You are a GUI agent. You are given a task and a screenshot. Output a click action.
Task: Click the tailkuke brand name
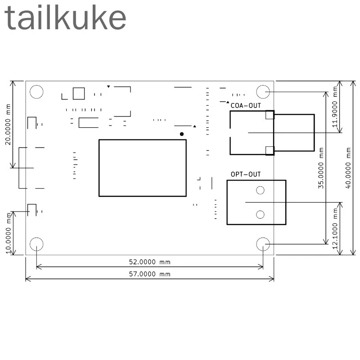coord(65,18)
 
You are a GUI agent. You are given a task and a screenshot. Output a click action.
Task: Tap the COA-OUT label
coord(246,106)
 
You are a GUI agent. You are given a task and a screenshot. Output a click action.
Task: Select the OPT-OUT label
coord(246,175)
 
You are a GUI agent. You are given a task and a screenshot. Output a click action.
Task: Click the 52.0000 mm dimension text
coord(150,262)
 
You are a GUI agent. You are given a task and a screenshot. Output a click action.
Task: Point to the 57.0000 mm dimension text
coord(150,274)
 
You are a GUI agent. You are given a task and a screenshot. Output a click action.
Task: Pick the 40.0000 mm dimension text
coord(348,168)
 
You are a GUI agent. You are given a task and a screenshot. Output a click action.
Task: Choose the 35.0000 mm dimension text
coord(321,168)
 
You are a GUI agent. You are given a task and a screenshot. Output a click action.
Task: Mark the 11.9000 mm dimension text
coord(335,107)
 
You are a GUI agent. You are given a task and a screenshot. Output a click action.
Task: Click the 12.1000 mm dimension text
coord(335,229)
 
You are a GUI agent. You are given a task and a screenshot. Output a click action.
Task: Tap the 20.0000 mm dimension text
coord(8,125)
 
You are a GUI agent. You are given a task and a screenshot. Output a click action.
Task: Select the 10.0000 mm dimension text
coord(8,233)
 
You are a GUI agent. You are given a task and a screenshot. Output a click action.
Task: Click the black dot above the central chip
coord(182,134)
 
